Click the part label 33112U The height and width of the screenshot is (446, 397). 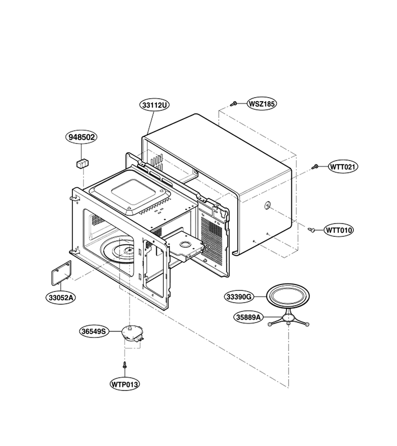click(154, 105)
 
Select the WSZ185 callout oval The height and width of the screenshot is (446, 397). click(262, 104)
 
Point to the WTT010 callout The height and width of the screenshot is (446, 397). click(338, 230)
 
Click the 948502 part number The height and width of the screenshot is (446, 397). click(81, 137)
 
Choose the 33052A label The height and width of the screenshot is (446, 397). click(61, 298)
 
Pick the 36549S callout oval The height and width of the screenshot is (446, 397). click(94, 332)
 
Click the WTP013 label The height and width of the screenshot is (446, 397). click(125, 384)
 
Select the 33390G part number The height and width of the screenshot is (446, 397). click(239, 297)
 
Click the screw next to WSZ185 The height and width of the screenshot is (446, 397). click(234, 104)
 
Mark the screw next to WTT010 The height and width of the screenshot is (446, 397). click(311, 229)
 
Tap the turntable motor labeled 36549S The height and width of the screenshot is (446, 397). click(133, 334)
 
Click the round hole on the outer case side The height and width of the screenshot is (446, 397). click(267, 205)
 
